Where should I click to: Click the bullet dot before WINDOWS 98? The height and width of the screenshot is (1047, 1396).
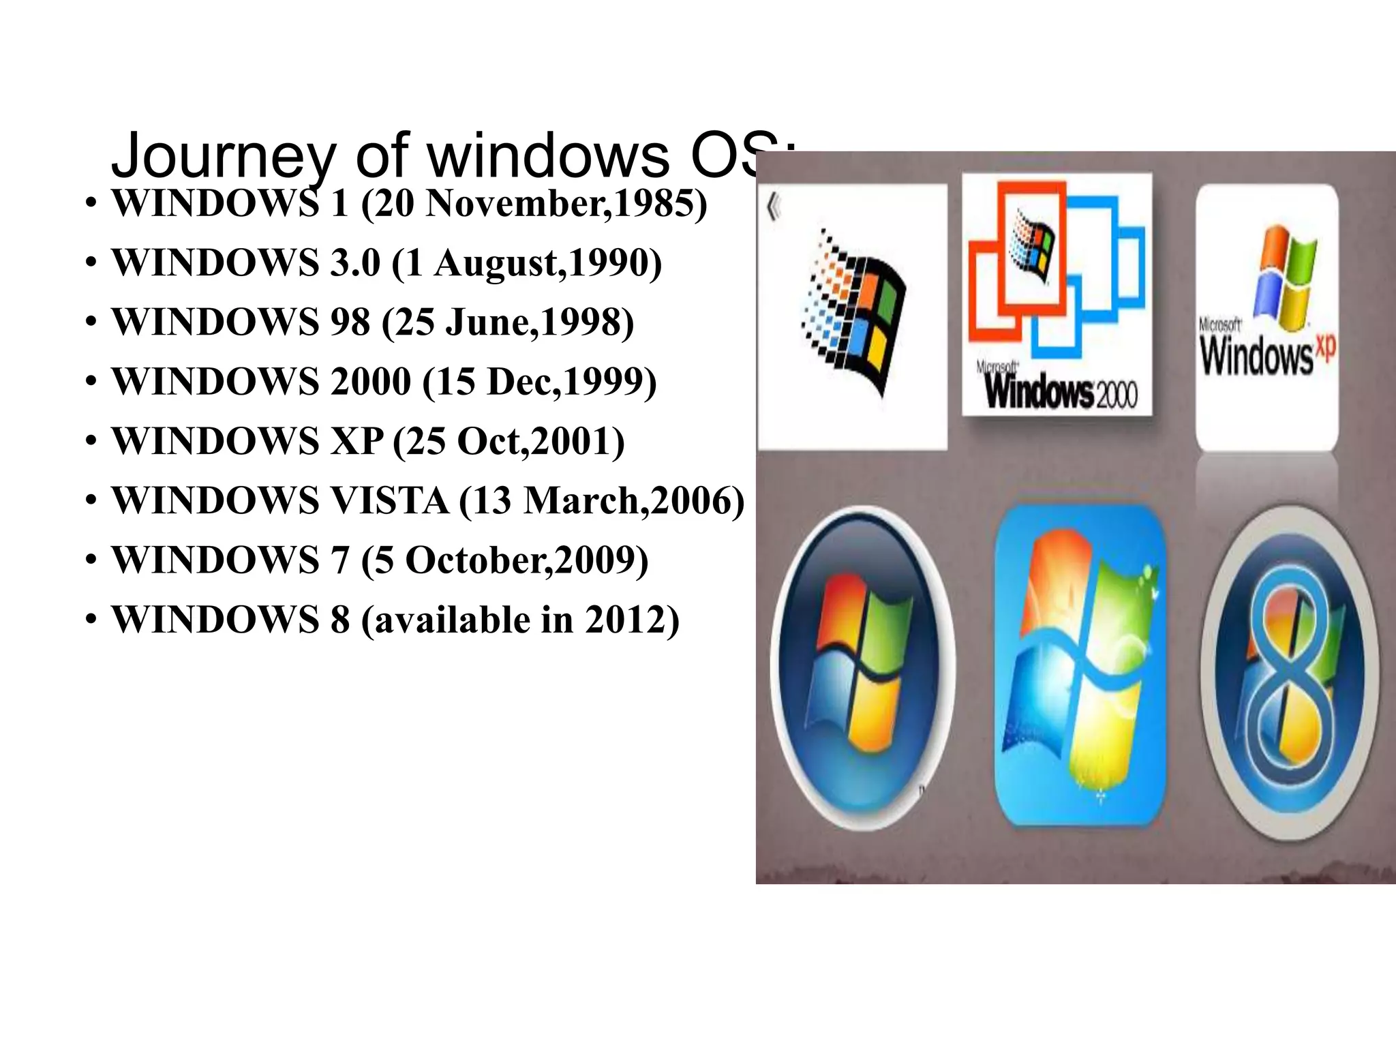(x=91, y=322)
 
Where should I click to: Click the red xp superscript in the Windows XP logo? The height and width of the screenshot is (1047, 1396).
(x=1325, y=348)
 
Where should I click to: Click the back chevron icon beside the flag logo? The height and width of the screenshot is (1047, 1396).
(x=773, y=207)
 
